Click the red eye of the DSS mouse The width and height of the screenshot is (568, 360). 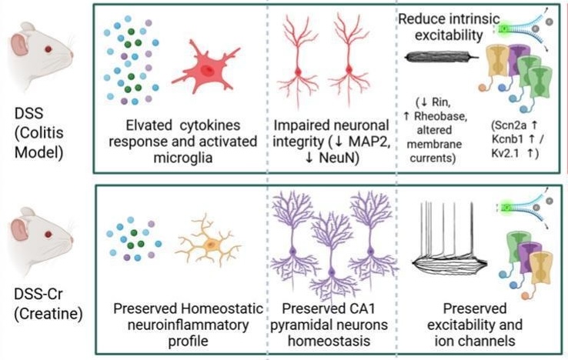[48, 49]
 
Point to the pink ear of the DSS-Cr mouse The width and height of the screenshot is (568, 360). [19, 231]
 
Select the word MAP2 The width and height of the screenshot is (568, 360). [369, 142]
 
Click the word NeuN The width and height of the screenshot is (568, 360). [339, 158]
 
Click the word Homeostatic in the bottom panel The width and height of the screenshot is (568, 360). [222, 308]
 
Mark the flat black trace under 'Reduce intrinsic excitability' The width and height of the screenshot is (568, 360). [441, 57]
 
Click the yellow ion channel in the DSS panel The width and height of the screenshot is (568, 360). [496, 60]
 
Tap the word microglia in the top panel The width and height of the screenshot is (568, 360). [183, 158]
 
